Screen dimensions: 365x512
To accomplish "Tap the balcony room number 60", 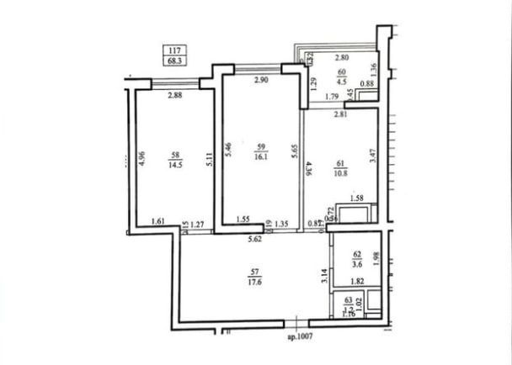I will [x=341, y=72].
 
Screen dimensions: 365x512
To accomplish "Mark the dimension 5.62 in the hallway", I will [x=255, y=240].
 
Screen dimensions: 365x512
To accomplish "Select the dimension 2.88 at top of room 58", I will [x=175, y=95].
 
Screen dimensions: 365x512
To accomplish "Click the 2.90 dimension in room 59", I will [x=261, y=80].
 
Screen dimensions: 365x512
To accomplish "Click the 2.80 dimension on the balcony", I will [x=343, y=57].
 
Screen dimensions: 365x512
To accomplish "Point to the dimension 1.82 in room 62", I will [x=357, y=281].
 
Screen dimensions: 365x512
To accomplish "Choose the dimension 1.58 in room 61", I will [x=356, y=199].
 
